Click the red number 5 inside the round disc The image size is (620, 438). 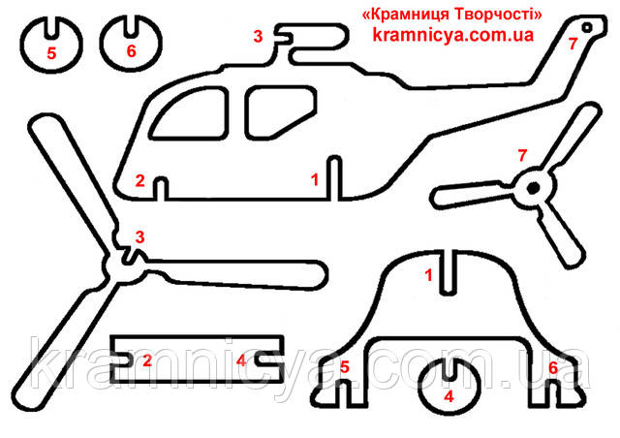click(x=51, y=53)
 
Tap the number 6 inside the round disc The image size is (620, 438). click(x=132, y=51)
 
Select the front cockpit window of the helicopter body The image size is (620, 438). click(x=190, y=112)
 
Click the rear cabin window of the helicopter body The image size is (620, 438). click(x=280, y=112)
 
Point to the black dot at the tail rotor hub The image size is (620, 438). click(x=534, y=187)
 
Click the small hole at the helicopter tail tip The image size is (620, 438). click(x=587, y=27)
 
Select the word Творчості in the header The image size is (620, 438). click(x=498, y=16)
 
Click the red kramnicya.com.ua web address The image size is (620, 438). click(x=453, y=35)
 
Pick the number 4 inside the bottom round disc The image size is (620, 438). click(x=449, y=396)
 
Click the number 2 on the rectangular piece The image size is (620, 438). click(x=147, y=360)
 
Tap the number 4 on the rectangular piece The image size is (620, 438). click(x=241, y=360)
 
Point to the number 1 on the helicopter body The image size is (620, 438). click(x=315, y=179)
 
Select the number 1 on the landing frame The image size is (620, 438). click(x=428, y=275)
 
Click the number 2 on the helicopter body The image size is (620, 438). click(x=139, y=180)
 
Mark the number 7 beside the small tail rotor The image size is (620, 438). click(x=522, y=155)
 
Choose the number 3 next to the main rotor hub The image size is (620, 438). click(x=139, y=237)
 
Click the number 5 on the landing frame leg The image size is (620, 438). click(x=345, y=367)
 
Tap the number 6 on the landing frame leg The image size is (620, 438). click(x=553, y=367)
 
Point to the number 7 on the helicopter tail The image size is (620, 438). click(x=573, y=44)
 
